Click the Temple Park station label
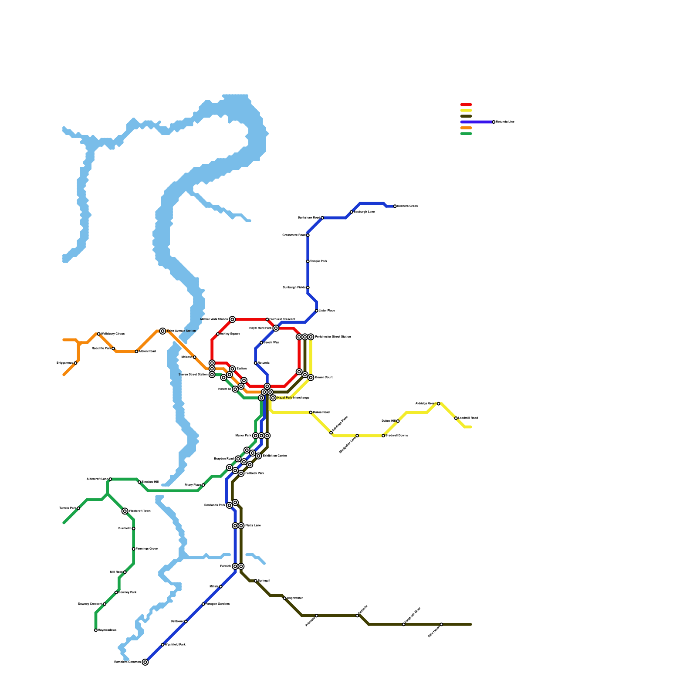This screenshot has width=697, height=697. [318, 261]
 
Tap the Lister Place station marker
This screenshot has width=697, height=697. [317, 311]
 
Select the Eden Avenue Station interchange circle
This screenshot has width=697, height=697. [162, 331]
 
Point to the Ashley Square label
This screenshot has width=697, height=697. [230, 334]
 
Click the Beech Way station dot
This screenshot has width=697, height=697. [261, 343]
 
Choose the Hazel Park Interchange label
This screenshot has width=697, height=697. [293, 398]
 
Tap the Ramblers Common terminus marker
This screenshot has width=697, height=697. [145, 662]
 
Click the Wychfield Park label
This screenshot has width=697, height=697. [175, 645]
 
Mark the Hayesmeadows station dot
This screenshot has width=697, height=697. [96, 630]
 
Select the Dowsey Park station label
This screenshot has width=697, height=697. [127, 592]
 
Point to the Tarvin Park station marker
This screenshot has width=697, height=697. [78, 508]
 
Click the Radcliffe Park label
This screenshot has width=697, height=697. [102, 348]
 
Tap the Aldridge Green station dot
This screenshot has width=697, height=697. [439, 404]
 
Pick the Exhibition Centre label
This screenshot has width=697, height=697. [274, 456]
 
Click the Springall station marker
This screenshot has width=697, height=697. [256, 581]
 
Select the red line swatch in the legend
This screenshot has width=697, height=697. [466, 105]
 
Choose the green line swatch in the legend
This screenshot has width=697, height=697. [466, 134]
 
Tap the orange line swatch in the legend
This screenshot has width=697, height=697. [466, 128]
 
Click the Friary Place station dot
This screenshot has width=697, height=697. [203, 485]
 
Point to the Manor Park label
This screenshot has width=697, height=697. [243, 436]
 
